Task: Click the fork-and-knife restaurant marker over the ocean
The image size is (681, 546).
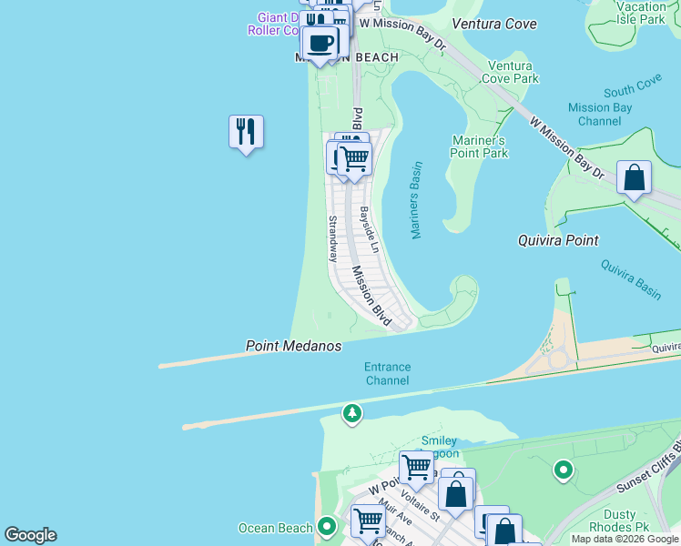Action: click(246, 133)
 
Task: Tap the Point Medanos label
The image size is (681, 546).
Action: click(293, 347)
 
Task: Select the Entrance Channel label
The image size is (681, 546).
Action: click(387, 374)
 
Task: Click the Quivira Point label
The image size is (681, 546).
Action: click(558, 241)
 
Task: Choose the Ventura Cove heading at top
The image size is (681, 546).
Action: click(493, 24)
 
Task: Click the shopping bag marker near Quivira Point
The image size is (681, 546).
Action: click(634, 178)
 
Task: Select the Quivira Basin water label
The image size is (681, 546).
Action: click(630, 278)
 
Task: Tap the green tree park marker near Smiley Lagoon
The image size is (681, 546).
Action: click(351, 415)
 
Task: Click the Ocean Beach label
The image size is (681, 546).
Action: click(275, 528)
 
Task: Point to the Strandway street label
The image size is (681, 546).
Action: click(333, 238)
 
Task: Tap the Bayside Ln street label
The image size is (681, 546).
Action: click(367, 230)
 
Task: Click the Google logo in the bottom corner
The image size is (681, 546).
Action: click(30, 535)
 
